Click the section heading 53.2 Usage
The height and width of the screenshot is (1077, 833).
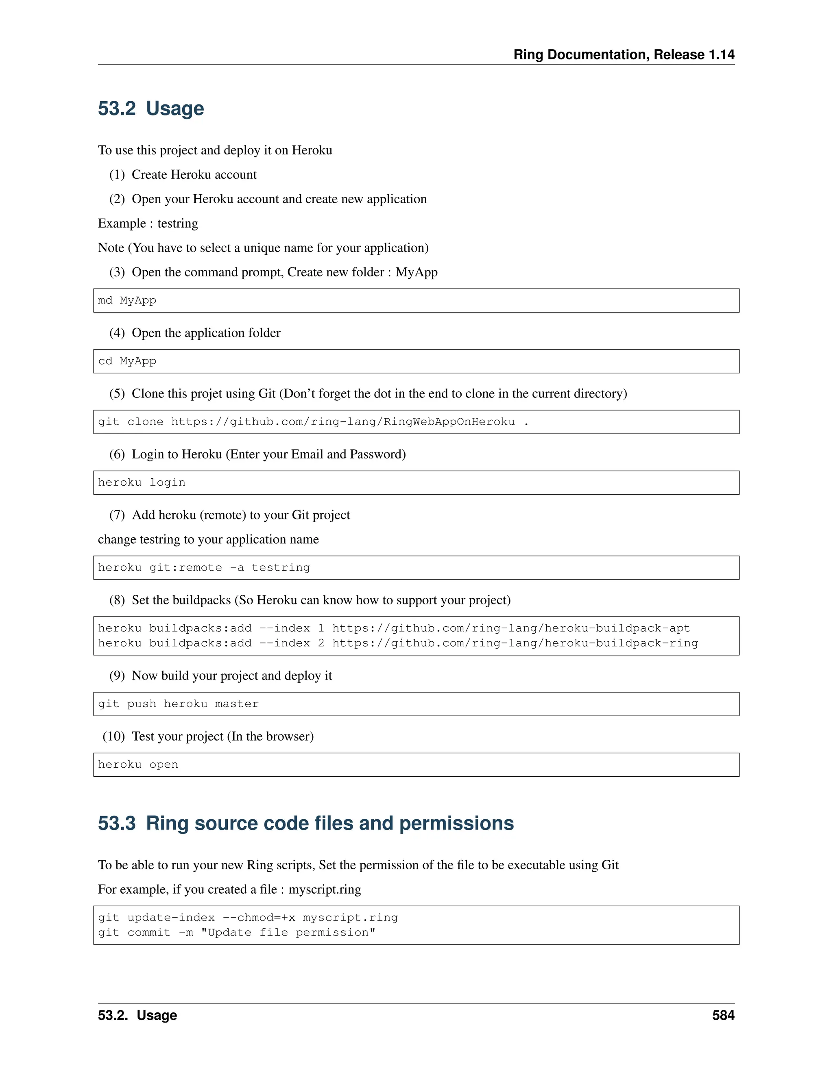(150, 109)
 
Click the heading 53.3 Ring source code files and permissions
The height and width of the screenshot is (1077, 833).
(305, 823)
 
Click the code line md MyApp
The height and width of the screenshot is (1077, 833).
(127, 300)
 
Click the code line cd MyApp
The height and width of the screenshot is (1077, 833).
(127, 361)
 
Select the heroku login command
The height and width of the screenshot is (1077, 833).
(142, 482)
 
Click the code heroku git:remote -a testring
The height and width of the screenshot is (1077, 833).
(204, 568)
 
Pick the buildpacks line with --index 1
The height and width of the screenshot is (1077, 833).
(393, 628)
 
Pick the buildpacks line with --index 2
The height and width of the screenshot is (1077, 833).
(397, 643)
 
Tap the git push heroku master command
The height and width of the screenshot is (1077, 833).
(178, 704)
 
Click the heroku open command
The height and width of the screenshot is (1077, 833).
(138, 764)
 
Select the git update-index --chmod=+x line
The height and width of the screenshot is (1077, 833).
(247, 917)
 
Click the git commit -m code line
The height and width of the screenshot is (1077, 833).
(236, 932)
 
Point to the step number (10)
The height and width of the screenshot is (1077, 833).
(113, 736)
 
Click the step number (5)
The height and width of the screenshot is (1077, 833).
(117, 393)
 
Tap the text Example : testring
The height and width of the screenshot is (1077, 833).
(148, 224)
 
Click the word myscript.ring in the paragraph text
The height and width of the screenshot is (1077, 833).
(324, 889)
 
